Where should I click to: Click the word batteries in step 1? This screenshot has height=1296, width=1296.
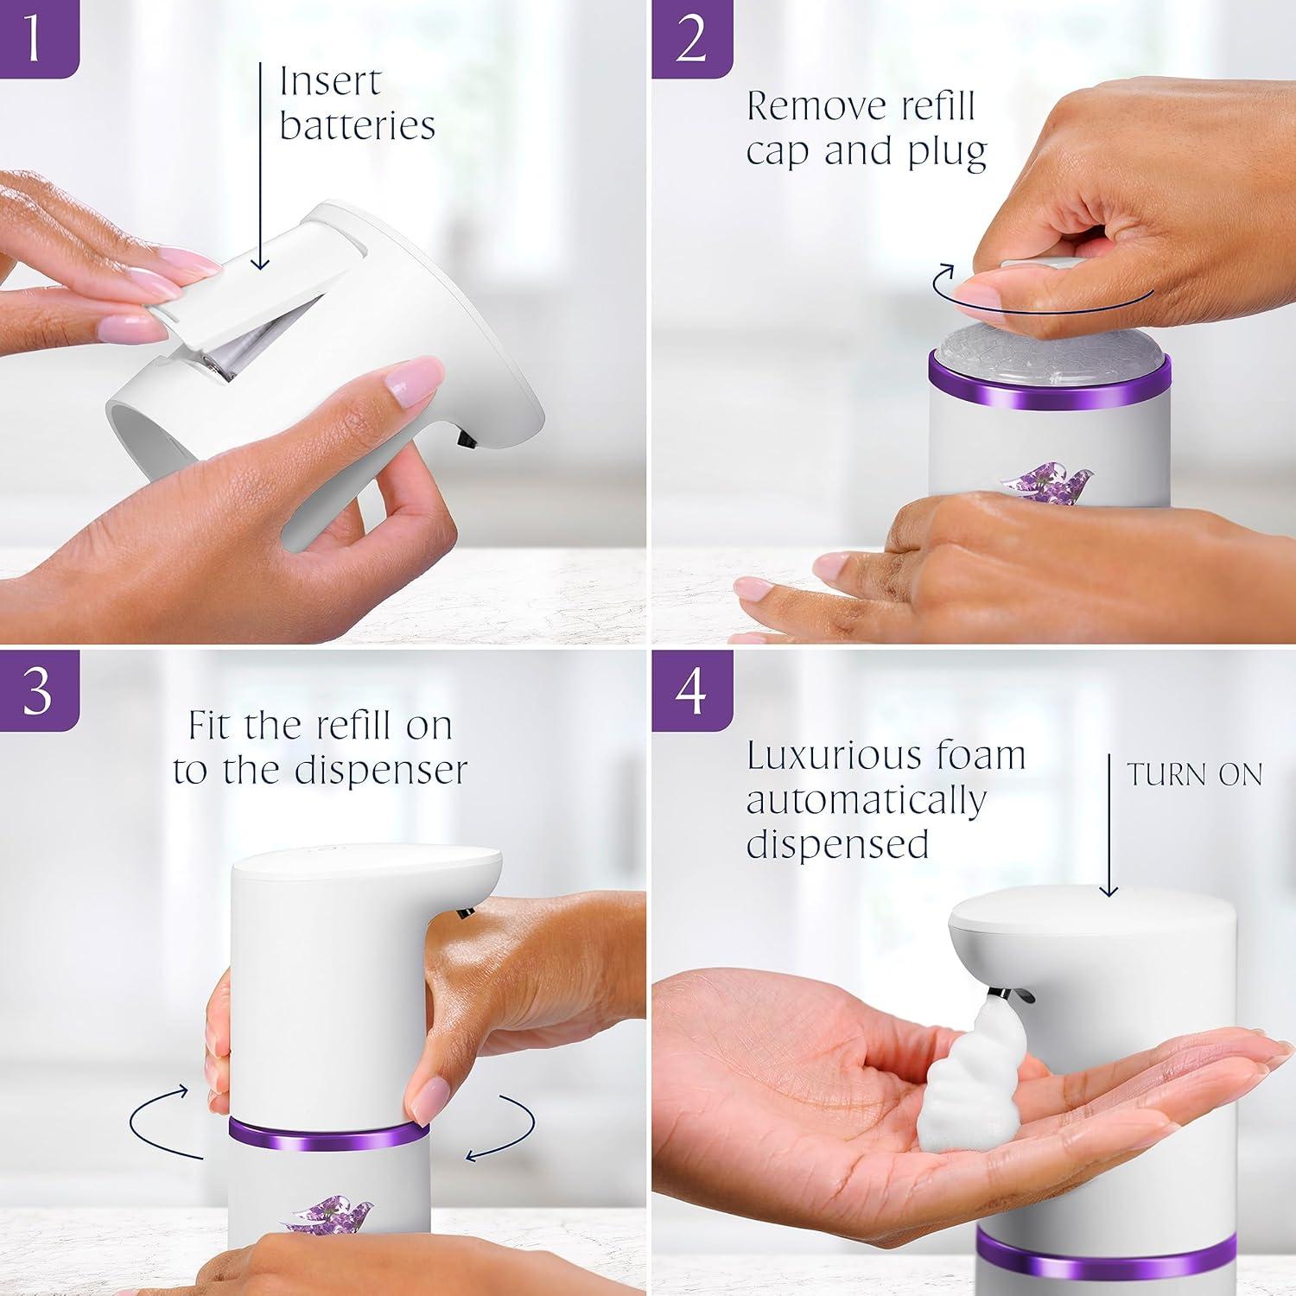pos(357,126)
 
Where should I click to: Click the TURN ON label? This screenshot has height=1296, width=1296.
pos(1194,775)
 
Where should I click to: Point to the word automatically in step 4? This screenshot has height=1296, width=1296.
pos(866,800)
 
